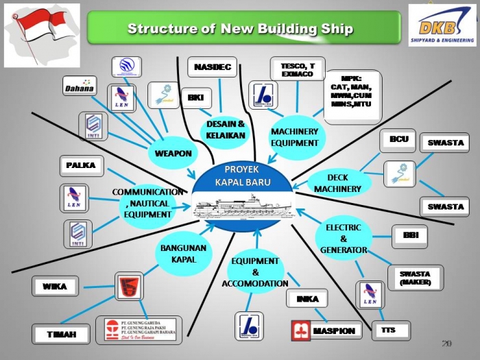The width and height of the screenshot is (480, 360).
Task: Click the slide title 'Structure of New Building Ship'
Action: tap(241, 28)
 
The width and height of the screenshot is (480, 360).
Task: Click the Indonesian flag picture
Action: tap(42, 35)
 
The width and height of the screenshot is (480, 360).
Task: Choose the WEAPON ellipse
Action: tap(173, 152)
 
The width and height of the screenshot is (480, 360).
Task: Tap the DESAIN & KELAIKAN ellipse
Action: tap(226, 130)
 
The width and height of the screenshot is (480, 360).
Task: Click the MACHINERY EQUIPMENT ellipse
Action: tap(295, 136)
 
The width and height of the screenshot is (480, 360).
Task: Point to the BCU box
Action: tap(398, 140)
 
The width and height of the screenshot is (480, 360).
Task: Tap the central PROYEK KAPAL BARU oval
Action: tap(243, 177)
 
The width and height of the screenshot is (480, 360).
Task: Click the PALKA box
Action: tap(81, 165)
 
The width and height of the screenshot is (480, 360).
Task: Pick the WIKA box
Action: tap(55, 287)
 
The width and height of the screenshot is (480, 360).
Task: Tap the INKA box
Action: tap(307, 299)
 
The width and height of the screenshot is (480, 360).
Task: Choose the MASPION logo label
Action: tap(326, 331)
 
